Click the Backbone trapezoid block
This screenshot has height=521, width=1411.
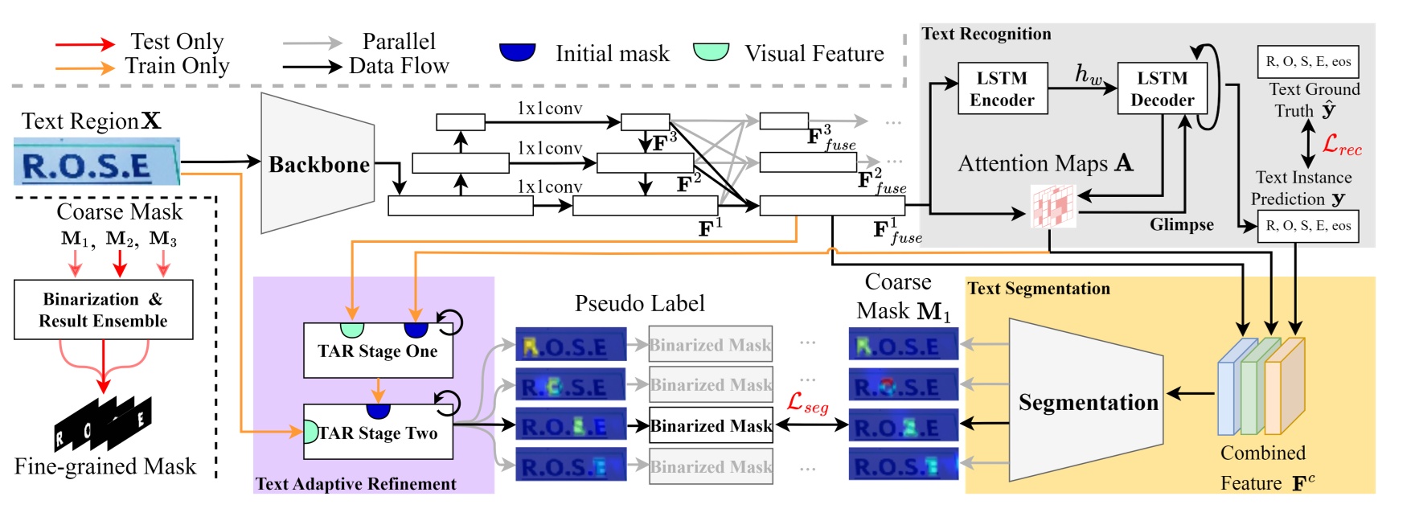(x=318, y=164)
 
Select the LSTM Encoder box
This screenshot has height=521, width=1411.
(x=1002, y=88)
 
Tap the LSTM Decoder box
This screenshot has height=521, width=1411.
(x=1162, y=88)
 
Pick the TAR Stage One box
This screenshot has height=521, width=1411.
(x=377, y=351)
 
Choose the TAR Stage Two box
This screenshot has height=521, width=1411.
(x=377, y=433)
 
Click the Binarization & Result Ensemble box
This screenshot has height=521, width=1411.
(x=103, y=310)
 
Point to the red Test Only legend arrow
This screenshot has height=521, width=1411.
(x=85, y=43)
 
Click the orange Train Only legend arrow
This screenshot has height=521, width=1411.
(x=85, y=68)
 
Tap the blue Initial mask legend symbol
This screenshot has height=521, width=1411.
(x=517, y=51)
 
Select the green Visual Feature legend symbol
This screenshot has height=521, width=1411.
(x=711, y=51)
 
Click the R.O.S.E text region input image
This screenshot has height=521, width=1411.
(x=96, y=162)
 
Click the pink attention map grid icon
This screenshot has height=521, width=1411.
(x=1052, y=206)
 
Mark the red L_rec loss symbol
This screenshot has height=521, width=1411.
(x=1342, y=146)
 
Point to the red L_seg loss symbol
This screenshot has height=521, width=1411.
(x=807, y=402)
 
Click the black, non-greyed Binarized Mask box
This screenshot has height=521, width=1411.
(x=711, y=426)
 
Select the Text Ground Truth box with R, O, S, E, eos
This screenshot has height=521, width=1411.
(x=1307, y=62)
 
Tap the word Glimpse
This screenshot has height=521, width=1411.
(x=1181, y=224)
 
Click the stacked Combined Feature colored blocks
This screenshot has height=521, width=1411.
(x=1261, y=387)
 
